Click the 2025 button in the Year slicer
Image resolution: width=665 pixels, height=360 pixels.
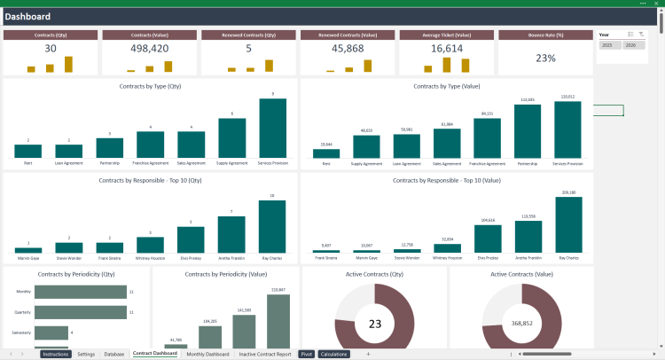607,44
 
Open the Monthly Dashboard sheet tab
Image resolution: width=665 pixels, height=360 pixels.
207,354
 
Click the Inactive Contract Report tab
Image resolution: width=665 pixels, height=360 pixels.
265,354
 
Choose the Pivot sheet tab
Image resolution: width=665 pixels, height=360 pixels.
307,354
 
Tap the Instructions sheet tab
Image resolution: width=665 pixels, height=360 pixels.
56,354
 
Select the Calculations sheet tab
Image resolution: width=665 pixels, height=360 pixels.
334,354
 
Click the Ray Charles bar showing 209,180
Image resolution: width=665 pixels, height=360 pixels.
568,225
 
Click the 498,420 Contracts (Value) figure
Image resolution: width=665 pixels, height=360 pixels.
149,49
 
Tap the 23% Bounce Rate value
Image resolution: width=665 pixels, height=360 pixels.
545,58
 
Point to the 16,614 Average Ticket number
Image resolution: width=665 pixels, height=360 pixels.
447,49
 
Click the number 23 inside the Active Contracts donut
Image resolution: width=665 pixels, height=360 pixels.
374,324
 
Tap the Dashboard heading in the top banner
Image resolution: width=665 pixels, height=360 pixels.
27,17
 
